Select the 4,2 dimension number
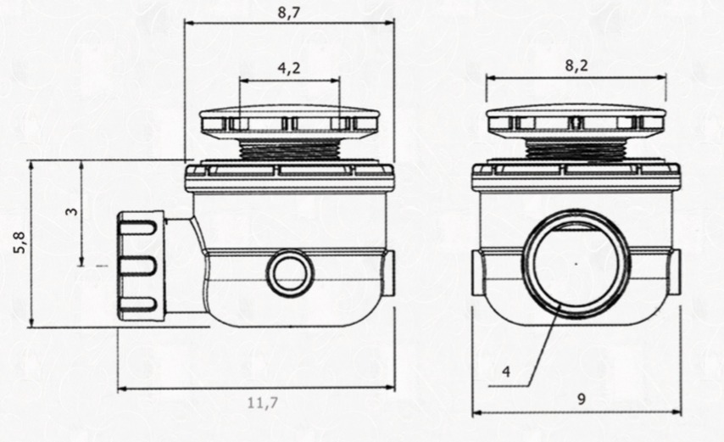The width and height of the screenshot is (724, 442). (x=289, y=70)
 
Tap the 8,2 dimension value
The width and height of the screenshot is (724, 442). (x=576, y=65)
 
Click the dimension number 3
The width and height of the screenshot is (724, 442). (x=71, y=211)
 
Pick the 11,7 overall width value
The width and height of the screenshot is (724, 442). (x=262, y=403)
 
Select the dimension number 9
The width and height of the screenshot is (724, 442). (x=581, y=398)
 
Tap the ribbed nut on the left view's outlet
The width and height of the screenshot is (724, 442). (x=137, y=266)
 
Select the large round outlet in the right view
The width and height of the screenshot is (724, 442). (x=576, y=264)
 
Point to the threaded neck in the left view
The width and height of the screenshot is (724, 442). (x=289, y=150)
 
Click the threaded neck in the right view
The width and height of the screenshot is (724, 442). (x=576, y=150)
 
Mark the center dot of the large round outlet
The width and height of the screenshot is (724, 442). (x=576, y=264)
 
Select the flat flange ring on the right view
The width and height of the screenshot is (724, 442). (x=576, y=176)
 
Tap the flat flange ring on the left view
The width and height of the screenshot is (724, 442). (x=289, y=176)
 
